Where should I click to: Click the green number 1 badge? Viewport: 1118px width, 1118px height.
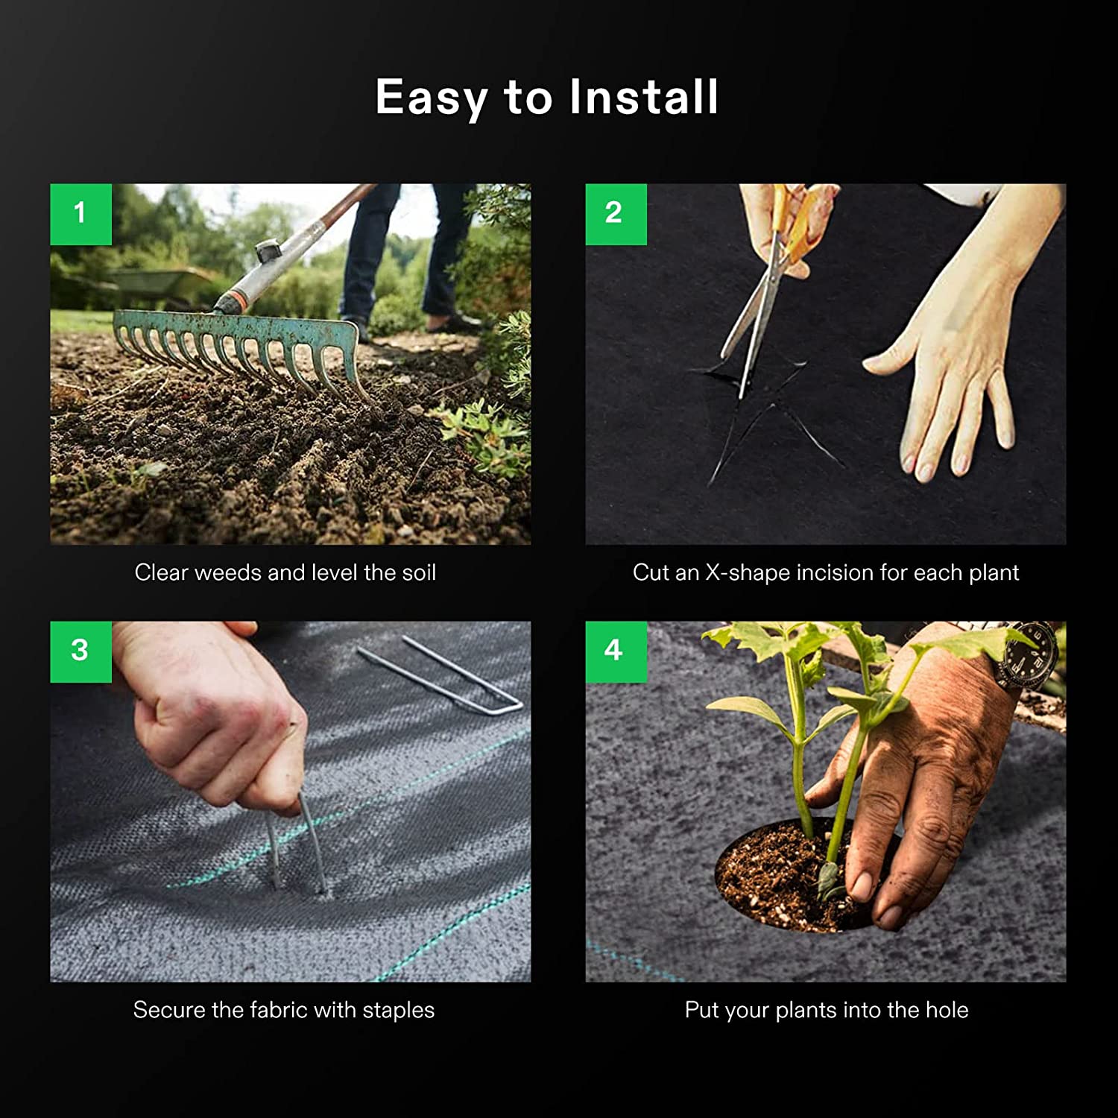(x=80, y=215)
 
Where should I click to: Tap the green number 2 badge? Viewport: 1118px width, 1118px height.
(x=616, y=215)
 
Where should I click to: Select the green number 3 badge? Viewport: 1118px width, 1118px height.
(x=80, y=652)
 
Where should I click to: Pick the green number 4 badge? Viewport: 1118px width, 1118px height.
(x=616, y=652)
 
